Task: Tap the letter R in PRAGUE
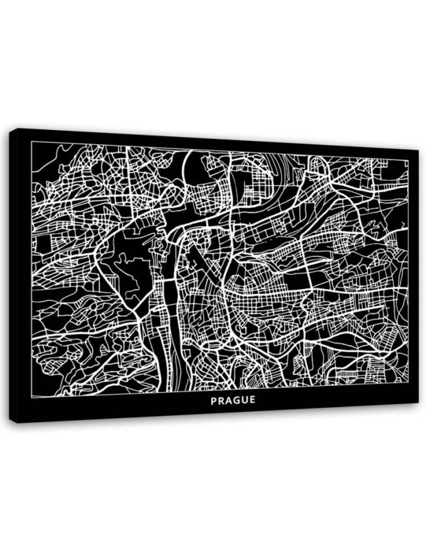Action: pos(221,400)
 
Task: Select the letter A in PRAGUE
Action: pos(229,400)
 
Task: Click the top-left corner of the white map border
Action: pos(31,142)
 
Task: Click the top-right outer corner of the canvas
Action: pos(418,150)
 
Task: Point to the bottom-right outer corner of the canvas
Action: pos(418,403)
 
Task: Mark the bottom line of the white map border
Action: pos(220,390)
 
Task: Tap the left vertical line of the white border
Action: pos(31,270)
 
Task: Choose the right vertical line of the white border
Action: pos(408,270)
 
